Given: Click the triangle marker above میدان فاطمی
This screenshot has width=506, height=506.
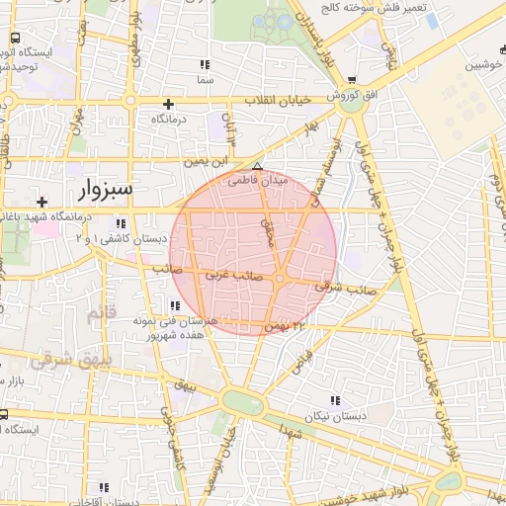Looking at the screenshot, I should point(258,167).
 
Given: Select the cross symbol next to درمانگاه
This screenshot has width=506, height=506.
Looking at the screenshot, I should point(169,104).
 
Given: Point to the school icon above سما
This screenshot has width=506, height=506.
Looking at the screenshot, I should point(206,64).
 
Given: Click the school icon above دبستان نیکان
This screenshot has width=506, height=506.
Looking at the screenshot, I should point(334,400).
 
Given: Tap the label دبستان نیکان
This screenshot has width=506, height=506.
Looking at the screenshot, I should point(335,416).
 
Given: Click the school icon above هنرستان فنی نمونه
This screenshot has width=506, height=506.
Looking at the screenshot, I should point(175,305).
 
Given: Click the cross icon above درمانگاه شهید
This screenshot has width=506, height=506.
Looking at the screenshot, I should point(41,201).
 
